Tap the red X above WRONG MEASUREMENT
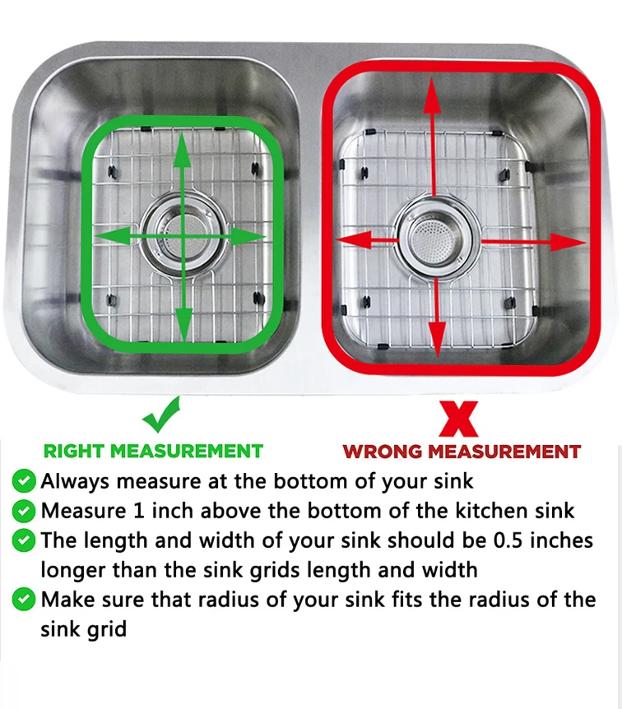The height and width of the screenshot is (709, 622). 458,418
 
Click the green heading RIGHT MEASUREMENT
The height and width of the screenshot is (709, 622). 153,451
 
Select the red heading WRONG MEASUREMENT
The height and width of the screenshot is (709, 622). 462,452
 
